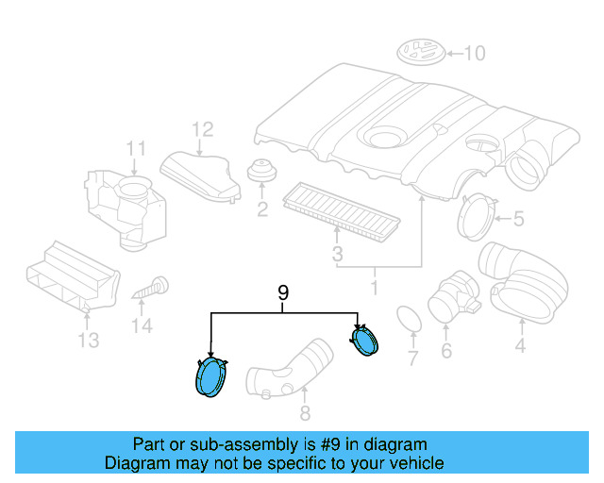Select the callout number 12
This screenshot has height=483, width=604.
(204, 129)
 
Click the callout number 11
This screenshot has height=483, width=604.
(137, 148)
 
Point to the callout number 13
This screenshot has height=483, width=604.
(88, 341)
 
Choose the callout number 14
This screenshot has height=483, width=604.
(142, 326)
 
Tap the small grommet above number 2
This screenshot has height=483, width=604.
(260, 174)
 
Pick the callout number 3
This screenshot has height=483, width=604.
(336, 255)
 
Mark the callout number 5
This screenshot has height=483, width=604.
(518, 220)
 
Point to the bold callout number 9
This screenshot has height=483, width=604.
(282, 294)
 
